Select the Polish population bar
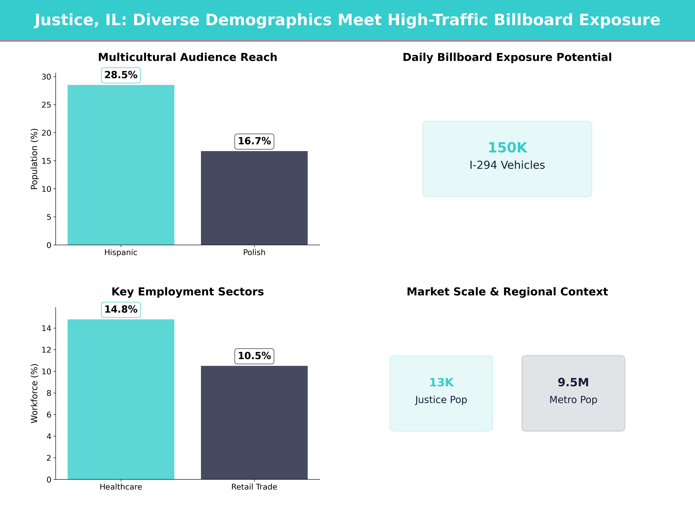tap(254, 198)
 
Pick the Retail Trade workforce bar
tap(254, 422)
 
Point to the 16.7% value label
tap(254, 141)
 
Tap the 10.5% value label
tap(254, 356)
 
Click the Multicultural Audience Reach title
tap(188, 57)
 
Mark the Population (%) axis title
tap(34, 159)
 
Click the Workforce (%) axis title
tap(34, 393)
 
